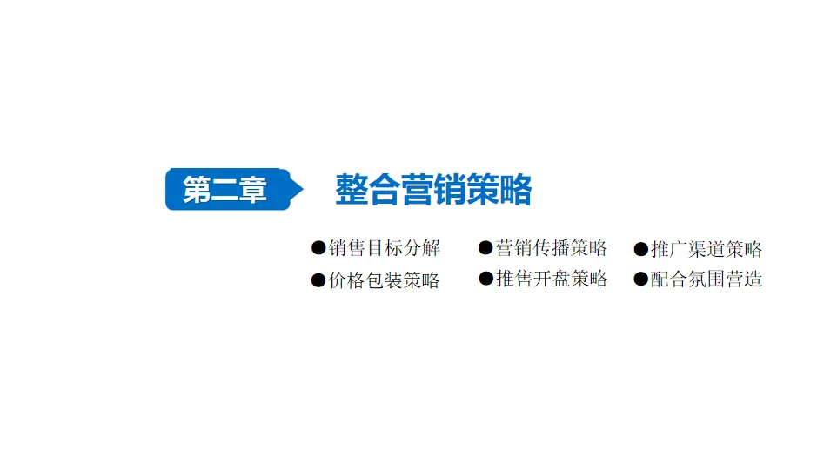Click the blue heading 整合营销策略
[x=433, y=189]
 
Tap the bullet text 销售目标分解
[x=385, y=248]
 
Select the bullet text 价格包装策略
[x=385, y=280]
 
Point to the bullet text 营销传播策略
[x=551, y=248]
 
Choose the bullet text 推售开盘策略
[x=551, y=279]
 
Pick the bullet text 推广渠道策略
[x=706, y=249]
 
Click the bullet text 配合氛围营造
[x=706, y=280]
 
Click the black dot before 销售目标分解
[x=318, y=248]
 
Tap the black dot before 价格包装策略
[x=318, y=280]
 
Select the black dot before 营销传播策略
[x=485, y=248]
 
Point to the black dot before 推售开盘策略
[x=485, y=279]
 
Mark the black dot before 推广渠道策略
[x=641, y=249]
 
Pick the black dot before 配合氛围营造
[x=641, y=280]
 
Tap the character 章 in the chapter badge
[x=253, y=190]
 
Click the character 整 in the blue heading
[x=352, y=189]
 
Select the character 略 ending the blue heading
[x=515, y=189]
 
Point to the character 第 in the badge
[x=197, y=190]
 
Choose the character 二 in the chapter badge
[x=224, y=190]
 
